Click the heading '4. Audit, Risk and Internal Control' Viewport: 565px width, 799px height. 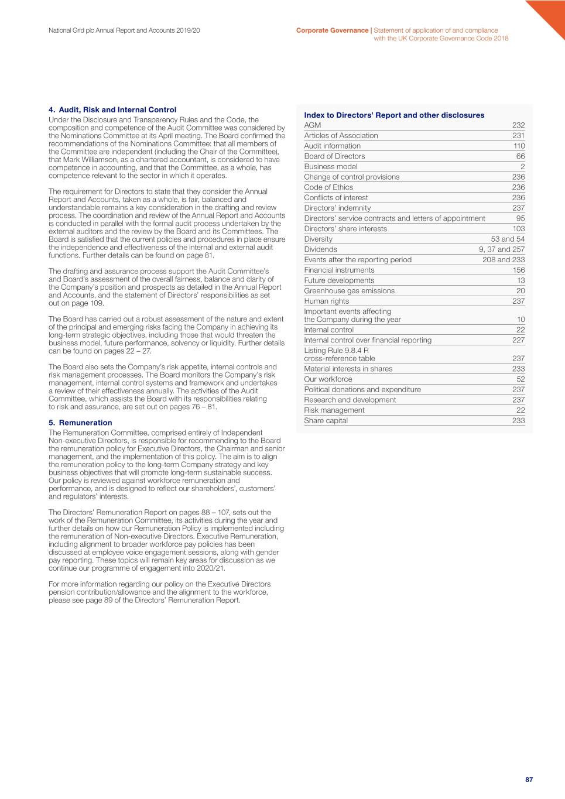tap(112, 109)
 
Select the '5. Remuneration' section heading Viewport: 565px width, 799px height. tap(80, 423)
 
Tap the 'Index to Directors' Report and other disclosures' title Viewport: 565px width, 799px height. tap(394, 115)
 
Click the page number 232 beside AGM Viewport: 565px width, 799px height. tap(518, 125)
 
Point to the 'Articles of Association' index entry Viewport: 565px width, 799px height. tap(341, 136)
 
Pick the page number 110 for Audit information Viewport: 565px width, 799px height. tap(519, 146)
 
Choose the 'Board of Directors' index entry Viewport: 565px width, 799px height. tap(334, 156)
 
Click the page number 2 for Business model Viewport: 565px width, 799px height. tap(522, 167)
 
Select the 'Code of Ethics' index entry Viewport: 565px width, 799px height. tap(328, 187)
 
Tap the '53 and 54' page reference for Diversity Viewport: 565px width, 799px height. tap(508, 239)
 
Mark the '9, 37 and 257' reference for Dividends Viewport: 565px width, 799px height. tap(502, 249)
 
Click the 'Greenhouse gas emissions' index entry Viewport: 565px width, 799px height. tap(349, 291)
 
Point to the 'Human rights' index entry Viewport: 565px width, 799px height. tap(326, 301)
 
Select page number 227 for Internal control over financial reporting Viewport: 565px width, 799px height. tap(518, 340)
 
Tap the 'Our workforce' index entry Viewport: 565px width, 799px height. tap(328, 379)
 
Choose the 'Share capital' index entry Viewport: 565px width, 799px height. tap(326, 421)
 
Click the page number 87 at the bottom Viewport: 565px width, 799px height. tap(529, 780)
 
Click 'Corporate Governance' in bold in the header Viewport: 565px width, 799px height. tap(332, 30)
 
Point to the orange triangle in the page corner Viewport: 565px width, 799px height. tap(551, 15)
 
